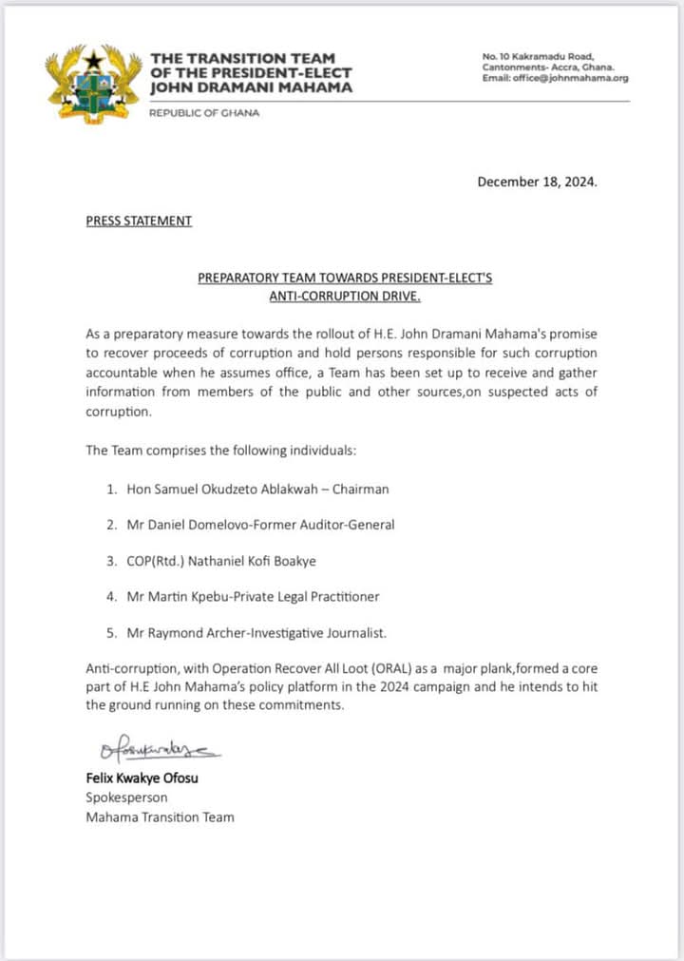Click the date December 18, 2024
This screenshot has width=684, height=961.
coord(537,182)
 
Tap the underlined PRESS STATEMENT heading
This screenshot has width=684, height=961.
coord(139,221)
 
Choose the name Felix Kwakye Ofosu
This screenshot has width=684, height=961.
coord(145,778)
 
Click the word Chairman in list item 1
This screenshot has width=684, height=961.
coord(357,489)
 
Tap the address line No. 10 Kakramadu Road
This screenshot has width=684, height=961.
coord(538,57)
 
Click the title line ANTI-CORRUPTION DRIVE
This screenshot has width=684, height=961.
coord(345,296)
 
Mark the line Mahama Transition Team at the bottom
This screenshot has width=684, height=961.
coord(160,817)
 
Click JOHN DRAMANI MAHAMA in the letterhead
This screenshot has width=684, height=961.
coord(251,87)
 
